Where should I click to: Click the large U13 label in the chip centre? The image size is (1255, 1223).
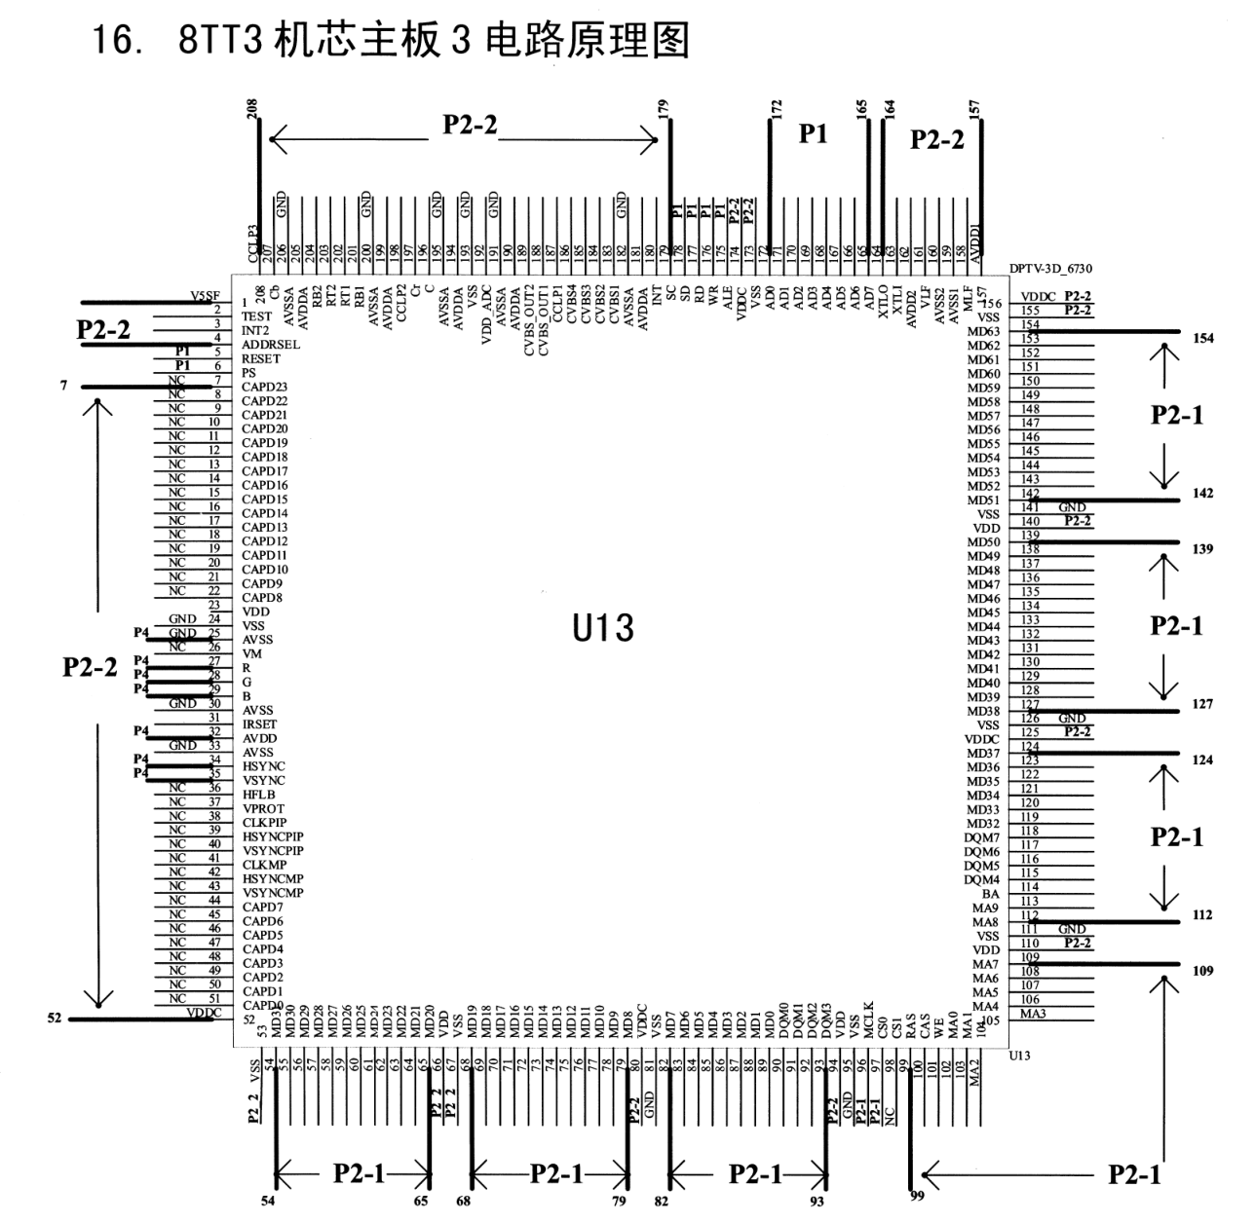603,628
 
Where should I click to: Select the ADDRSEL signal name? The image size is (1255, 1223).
270,345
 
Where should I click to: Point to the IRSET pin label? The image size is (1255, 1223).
259,724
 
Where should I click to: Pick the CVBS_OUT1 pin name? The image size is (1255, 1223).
543,320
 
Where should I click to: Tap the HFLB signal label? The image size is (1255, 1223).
258,795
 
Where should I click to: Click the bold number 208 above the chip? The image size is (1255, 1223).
252,109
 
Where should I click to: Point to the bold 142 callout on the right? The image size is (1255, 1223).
1202,494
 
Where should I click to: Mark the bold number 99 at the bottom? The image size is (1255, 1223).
917,1195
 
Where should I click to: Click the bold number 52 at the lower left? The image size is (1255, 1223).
55,1019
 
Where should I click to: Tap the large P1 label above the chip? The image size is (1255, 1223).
813,134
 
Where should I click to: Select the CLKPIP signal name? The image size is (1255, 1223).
264,823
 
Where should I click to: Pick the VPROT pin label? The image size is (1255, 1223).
263,808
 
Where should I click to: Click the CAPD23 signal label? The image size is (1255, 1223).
264,387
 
